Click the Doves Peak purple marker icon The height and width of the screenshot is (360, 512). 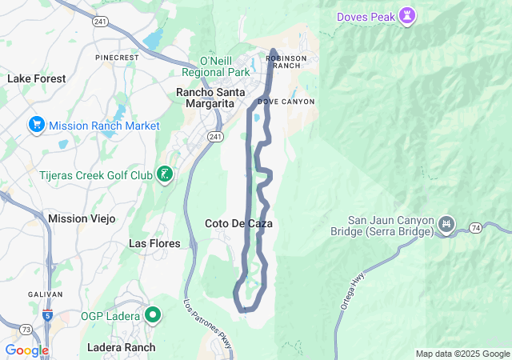click(408, 16)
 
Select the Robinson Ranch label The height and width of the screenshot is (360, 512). click(283, 62)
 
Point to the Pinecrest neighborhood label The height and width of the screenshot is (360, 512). click(117, 58)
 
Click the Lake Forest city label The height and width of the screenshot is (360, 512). click(37, 78)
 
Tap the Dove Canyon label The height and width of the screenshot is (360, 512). click(286, 102)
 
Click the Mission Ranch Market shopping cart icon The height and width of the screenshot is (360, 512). click(36, 125)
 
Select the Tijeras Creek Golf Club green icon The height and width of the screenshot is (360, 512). click(165, 174)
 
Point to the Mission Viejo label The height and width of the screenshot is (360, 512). click(82, 218)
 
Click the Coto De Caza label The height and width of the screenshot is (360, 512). click(238, 224)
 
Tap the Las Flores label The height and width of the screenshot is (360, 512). click(154, 242)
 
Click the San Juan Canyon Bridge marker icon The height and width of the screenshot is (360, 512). click(447, 222)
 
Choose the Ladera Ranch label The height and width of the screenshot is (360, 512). click(122, 347)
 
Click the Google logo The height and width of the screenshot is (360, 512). click(26, 350)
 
